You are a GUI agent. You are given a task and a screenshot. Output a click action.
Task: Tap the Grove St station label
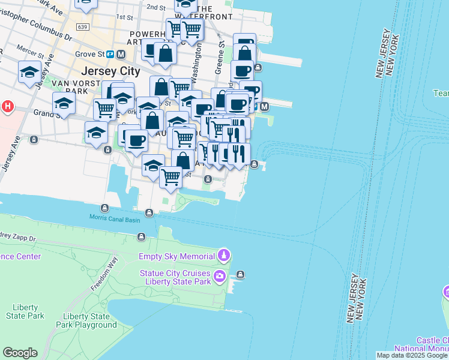(x=89, y=54)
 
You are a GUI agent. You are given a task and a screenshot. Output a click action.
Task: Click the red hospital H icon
(x=7, y=107)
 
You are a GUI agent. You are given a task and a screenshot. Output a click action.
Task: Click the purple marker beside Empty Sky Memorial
(x=223, y=256)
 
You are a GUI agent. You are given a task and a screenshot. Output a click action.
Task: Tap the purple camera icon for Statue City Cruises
(x=220, y=277)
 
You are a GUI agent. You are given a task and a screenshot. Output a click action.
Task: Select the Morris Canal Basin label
(x=115, y=220)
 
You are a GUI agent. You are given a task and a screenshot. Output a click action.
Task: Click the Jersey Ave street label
(x=11, y=157)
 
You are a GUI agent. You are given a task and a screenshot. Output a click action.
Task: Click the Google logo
(x=20, y=353)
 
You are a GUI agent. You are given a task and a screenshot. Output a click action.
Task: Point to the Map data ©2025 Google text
(x=412, y=355)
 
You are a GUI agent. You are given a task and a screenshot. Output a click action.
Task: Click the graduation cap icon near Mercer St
(x=29, y=73)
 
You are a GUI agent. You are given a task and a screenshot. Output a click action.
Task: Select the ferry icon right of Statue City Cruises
(x=240, y=275)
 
